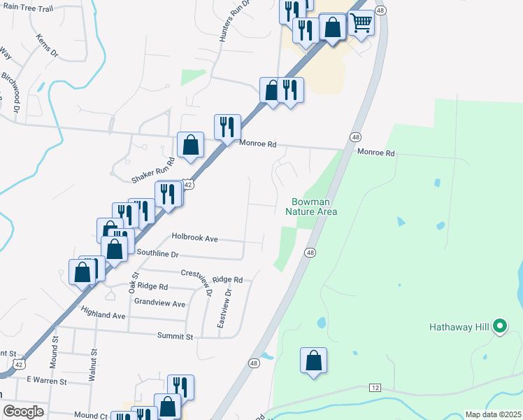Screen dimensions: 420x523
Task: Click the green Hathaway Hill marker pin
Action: coord(499,325)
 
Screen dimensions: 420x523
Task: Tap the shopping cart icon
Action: coord(361,22)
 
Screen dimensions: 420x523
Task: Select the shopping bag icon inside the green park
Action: coord(314,360)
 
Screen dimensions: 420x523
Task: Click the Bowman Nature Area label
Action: coord(311,206)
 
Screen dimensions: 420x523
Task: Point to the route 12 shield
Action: coord(375,387)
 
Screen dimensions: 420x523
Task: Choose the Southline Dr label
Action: coord(158,253)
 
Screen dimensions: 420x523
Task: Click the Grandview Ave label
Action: coord(159,303)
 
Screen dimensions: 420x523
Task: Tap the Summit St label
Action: coord(175,337)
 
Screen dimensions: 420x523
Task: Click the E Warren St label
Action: coord(46,381)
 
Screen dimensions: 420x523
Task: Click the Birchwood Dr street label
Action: coord(10,92)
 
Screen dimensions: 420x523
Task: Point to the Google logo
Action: coord(23,412)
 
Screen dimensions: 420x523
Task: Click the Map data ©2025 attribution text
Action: coord(492,414)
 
